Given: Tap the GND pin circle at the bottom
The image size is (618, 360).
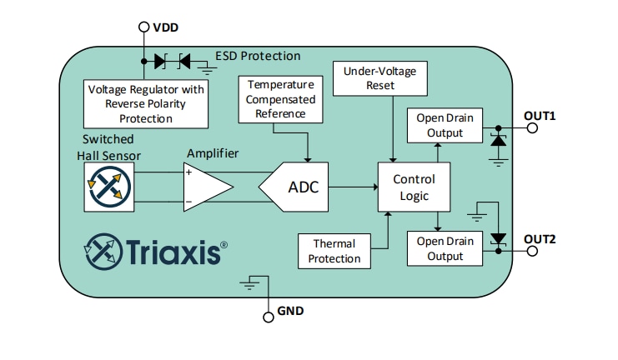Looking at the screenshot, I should [x=268, y=317].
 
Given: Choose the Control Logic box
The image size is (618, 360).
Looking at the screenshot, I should [x=414, y=187].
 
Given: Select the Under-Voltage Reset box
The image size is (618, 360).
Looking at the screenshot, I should [x=380, y=78].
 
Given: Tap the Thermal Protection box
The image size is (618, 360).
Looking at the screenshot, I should [x=334, y=251].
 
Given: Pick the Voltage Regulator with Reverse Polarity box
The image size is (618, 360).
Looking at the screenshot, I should [x=146, y=103].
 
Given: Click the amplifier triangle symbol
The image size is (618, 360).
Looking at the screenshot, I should [x=205, y=187].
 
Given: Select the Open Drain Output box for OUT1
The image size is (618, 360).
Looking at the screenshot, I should [x=445, y=125].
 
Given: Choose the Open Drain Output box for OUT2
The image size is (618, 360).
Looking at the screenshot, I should [x=445, y=248].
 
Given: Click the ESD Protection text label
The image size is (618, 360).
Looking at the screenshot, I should [x=258, y=56].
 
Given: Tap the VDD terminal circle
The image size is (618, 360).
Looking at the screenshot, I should [x=143, y=27].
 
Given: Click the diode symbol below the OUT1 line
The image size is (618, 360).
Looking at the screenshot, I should [x=498, y=141].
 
